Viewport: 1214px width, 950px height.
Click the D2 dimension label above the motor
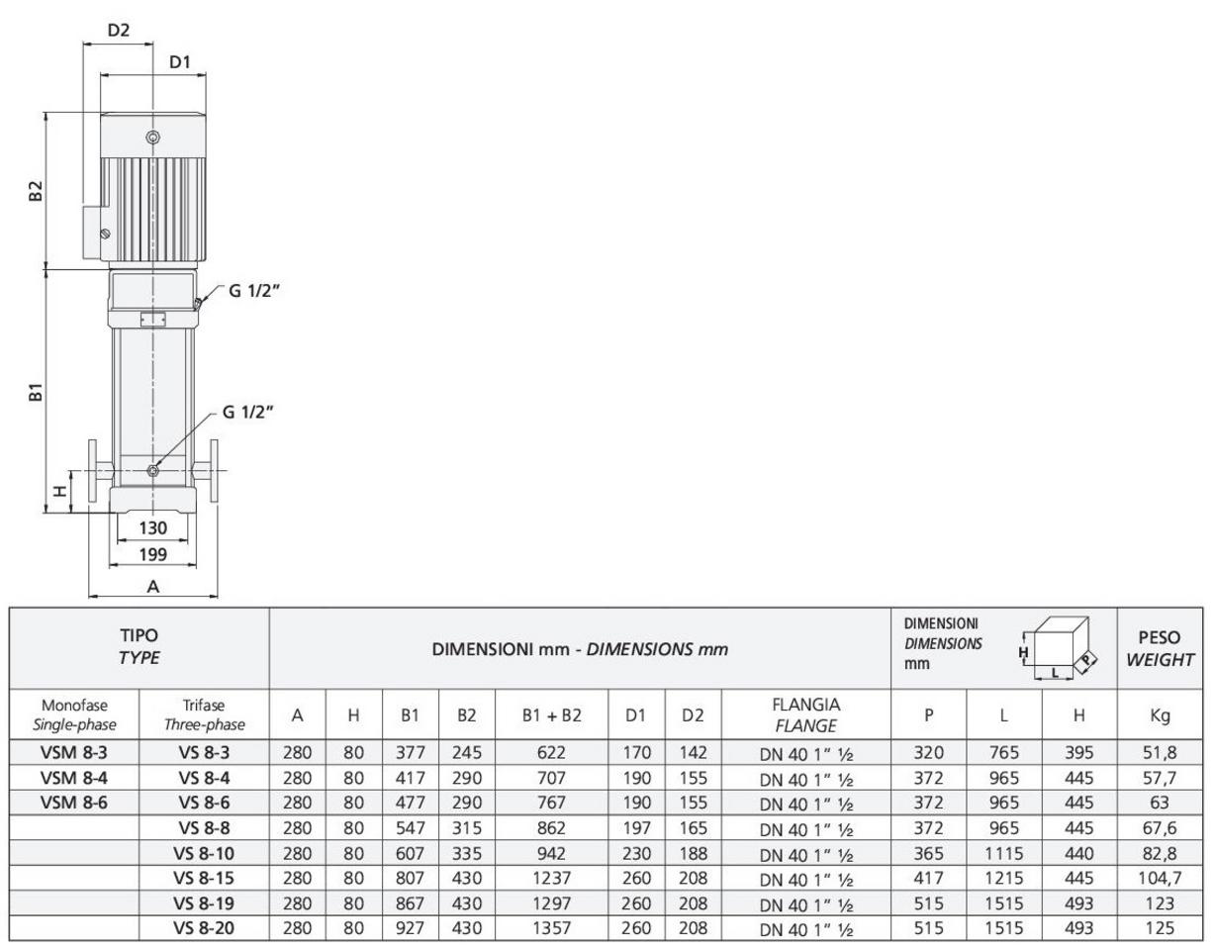[x=118, y=30]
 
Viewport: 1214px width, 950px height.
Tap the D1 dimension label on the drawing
[x=180, y=62]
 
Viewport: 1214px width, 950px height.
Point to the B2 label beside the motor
[x=36, y=190]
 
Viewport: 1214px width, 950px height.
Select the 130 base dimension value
[x=152, y=527]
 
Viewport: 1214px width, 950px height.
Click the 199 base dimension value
[x=152, y=554]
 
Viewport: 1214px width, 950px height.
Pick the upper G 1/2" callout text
[x=253, y=290]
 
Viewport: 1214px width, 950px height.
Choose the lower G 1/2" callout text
[x=248, y=412]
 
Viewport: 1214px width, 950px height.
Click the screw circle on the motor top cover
[x=152, y=137]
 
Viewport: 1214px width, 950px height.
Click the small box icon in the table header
[x=1060, y=648]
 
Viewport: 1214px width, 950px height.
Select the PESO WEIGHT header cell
[x=1160, y=648]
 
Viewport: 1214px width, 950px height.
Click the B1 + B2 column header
[x=551, y=714]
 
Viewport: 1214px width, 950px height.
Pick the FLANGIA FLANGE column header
[x=805, y=714]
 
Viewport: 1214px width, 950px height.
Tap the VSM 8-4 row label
[x=74, y=778]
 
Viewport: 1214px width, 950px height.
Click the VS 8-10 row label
[x=204, y=853]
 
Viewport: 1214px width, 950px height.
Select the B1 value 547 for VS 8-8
[x=410, y=827]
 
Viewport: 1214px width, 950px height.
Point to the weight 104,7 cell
[x=1160, y=878]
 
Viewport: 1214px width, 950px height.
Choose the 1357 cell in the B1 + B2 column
[x=551, y=927]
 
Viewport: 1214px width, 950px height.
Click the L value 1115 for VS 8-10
[x=1004, y=853]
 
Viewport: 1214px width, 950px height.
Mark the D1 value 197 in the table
[x=636, y=827]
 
